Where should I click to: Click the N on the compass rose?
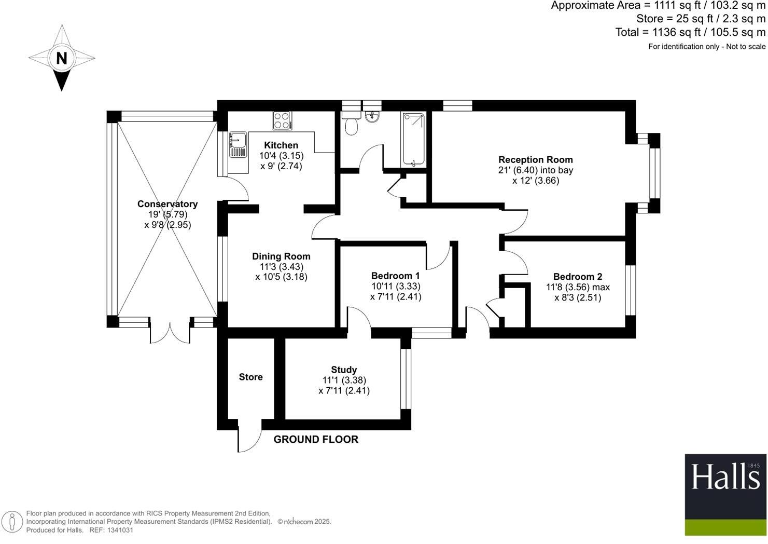[62, 58]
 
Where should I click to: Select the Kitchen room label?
[281, 145]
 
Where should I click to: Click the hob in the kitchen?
[282, 121]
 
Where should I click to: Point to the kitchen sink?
[239, 140]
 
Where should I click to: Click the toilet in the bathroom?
[352, 125]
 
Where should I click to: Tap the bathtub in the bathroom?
[413, 140]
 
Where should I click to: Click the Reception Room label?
[536, 160]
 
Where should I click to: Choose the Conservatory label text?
[167, 204]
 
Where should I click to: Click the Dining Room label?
[281, 256]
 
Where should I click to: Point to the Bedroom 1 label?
[396, 276]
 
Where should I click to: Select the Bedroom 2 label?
[578, 277]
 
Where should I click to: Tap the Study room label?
[344, 370]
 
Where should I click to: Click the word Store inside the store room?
[251, 377]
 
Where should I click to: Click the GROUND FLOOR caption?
[316, 440]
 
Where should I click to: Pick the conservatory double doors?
[170, 332]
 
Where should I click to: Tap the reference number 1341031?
[119, 530]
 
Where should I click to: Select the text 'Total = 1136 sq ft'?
[659, 32]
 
